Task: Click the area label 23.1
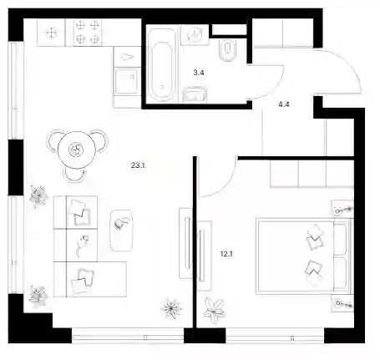[x=138, y=165]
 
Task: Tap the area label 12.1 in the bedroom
[x=226, y=254]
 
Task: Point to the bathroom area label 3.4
[x=199, y=73]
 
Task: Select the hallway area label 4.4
[x=284, y=104]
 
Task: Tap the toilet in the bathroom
[x=228, y=50]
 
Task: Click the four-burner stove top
[x=88, y=32]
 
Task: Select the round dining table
[x=76, y=150]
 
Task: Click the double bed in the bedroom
[x=304, y=256]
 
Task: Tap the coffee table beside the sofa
[x=121, y=231]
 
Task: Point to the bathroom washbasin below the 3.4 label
[x=195, y=95]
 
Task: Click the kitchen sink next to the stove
[x=51, y=33]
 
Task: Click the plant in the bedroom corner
[x=215, y=310]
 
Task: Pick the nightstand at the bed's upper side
[x=342, y=209]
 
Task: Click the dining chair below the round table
[x=74, y=175]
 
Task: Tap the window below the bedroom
[x=275, y=336]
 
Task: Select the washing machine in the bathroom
[x=195, y=34]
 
